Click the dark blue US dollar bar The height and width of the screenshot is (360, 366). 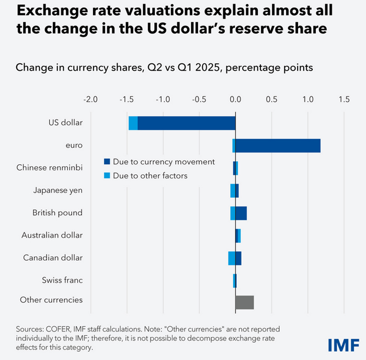click(x=186, y=123)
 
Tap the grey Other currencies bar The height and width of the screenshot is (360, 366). click(x=245, y=302)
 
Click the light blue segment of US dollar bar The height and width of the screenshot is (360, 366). click(x=133, y=123)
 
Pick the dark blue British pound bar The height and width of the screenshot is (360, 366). click(x=241, y=213)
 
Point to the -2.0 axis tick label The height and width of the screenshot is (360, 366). click(x=90, y=99)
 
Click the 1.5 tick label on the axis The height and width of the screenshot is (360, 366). click(x=344, y=99)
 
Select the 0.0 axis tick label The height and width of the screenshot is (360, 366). click(x=235, y=99)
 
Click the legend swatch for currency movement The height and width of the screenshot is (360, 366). click(x=107, y=162)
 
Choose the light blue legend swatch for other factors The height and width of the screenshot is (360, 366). click(x=107, y=176)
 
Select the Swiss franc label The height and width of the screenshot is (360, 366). click(x=62, y=280)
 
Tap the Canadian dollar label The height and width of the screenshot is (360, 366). click(x=53, y=258)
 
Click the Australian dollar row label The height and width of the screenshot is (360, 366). click(x=52, y=235)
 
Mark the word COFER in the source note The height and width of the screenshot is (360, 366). click(x=60, y=329)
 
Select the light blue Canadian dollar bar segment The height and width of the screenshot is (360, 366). click(x=232, y=258)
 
